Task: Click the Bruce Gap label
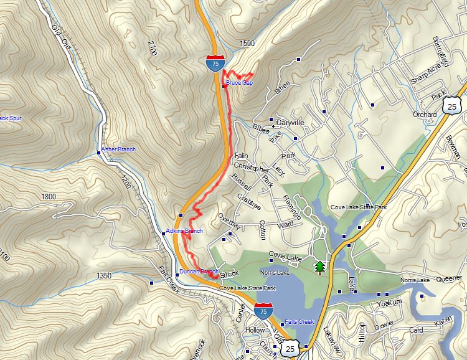(239, 82)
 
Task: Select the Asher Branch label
(118, 149)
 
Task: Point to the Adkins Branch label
(184, 231)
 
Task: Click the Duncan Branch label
(199, 271)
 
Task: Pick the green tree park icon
(320, 267)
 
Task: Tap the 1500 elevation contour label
(247, 43)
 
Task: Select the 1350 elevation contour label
(104, 275)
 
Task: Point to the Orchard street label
(425, 115)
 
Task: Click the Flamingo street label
(292, 206)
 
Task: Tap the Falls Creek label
(300, 321)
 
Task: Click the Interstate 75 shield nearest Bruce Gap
(214, 63)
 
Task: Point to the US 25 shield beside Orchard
(452, 106)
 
